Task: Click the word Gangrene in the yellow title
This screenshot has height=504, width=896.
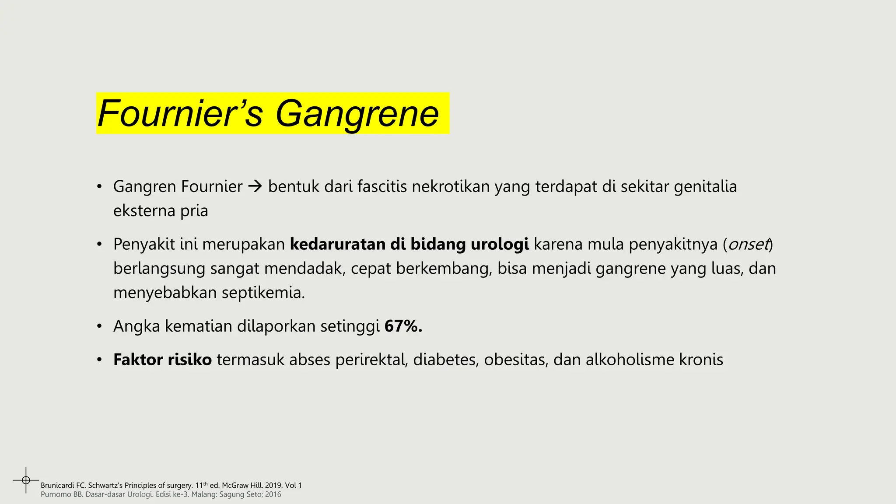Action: pyautogui.click(x=357, y=114)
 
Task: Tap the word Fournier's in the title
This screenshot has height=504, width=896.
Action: pyautogui.click(x=180, y=114)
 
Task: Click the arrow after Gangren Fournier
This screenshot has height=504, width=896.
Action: pyautogui.click(x=255, y=187)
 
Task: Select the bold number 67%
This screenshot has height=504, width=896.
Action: pyautogui.click(x=403, y=326)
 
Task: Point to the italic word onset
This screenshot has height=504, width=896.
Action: pyautogui.click(x=748, y=244)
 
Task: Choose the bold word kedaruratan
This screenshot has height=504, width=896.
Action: pyautogui.click(x=337, y=244)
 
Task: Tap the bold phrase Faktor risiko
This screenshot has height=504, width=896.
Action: pyautogui.click(x=162, y=360)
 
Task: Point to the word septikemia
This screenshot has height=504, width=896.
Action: pyautogui.click(x=263, y=293)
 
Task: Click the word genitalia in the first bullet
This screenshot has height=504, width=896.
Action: pyautogui.click(x=705, y=187)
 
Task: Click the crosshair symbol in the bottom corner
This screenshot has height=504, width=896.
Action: pyautogui.click(x=26, y=480)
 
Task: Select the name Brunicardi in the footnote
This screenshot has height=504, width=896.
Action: pyautogui.click(x=57, y=486)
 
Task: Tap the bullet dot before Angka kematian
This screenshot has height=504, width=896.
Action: pyautogui.click(x=100, y=327)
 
